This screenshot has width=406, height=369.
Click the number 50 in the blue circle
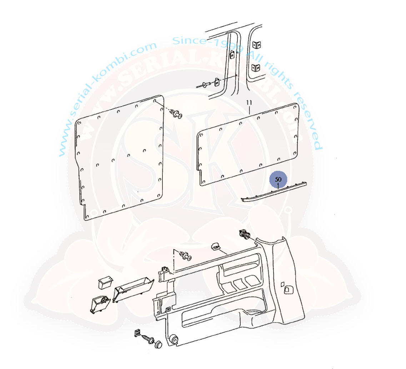(x=278, y=179)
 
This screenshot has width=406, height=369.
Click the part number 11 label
(x=249, y=103)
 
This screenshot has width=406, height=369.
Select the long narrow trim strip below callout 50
(x=274, y=191)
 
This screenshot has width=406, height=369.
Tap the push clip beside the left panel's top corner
(x=177, y=114)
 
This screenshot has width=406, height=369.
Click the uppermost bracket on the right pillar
(x=256, y=45)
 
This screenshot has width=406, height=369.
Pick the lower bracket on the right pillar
(x=256, y=68)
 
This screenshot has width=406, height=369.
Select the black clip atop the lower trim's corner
(x=245, y=234)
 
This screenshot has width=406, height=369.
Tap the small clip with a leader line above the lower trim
(x=215, y=246)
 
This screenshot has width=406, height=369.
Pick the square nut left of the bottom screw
(x=137, y=333)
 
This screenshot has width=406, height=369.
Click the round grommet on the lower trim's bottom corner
(x=174, y=339)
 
